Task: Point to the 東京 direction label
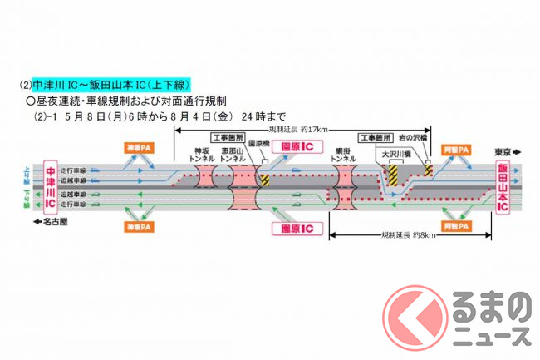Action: (502, 152)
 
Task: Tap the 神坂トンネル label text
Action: (199, 155)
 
